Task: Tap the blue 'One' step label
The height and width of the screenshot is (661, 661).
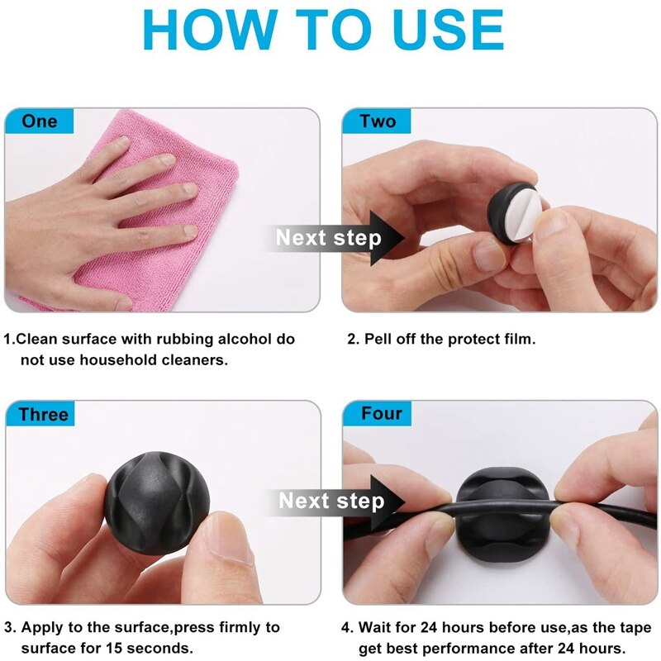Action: [x=39, y=121]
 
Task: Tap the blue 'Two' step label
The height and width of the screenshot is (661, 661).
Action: [x=378, y=121]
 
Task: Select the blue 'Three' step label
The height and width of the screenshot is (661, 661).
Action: [x=40, y=414]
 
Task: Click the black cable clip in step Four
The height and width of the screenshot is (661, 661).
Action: [x=503, y=512]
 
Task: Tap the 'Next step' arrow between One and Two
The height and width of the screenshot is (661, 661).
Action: [x=333, y=238]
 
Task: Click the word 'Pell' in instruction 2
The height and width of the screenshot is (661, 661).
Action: [x=378, y=339]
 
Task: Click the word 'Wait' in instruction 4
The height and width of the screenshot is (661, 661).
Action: [x=375, y=627]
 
